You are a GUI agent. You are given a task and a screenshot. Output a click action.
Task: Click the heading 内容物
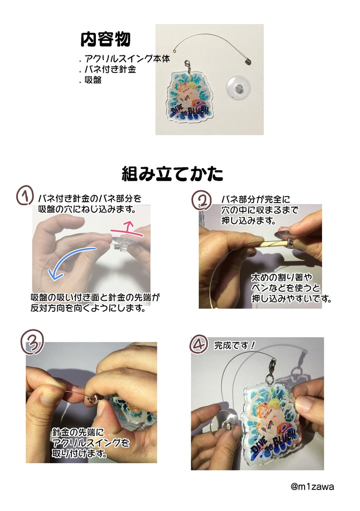tap(106, 39)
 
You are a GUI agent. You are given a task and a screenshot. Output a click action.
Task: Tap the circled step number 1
tap(24, 195)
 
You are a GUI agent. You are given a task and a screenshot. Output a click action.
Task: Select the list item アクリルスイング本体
tap(127, 59)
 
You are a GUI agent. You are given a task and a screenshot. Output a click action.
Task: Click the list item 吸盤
tap(93, 80)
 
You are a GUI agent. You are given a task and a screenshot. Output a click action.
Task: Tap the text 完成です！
tap(235, 345)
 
